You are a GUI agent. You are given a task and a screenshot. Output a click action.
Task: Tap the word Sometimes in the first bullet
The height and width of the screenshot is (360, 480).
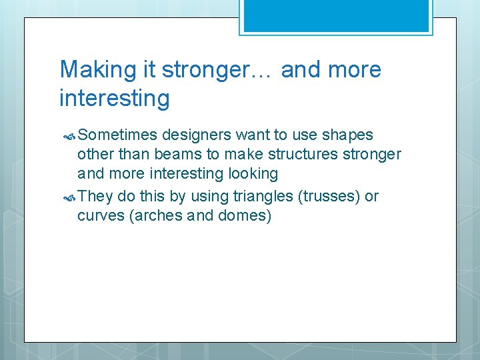point(117,135)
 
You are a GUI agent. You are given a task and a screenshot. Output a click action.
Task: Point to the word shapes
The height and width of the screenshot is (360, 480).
point(347,135)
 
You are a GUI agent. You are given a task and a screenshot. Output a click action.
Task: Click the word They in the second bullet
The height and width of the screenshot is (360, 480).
point(95,197)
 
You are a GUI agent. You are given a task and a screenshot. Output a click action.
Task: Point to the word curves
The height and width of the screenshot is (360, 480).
point(97,217)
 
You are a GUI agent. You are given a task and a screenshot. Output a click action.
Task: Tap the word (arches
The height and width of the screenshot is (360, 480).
point(152,217)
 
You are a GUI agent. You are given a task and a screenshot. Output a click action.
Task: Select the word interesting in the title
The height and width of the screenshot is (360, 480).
point(115,99)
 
